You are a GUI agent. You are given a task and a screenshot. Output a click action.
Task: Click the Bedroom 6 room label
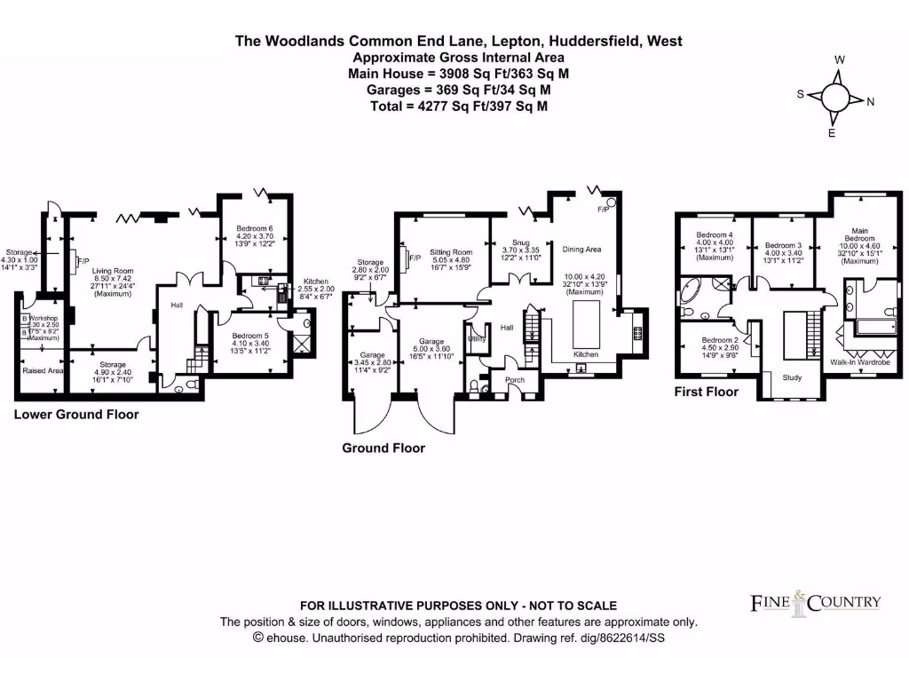(255, 229)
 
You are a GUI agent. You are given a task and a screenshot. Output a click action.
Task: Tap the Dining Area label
(582, 250)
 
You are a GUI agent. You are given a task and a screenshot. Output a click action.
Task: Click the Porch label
(515, 380)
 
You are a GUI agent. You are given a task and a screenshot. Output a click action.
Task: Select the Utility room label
(477, 338)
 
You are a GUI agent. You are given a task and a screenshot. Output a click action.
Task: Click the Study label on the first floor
(792, 377)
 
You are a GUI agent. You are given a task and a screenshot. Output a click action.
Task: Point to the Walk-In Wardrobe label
(858, 362)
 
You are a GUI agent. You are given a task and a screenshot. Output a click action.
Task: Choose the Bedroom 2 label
(720, 340)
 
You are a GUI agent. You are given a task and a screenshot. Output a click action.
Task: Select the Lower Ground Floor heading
(76, 415)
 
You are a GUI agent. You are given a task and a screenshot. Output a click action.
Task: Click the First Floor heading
(707, 392)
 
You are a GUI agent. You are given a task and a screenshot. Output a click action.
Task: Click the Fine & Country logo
(816, 603)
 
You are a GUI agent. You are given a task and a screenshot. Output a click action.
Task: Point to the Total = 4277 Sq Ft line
(458, 106)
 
